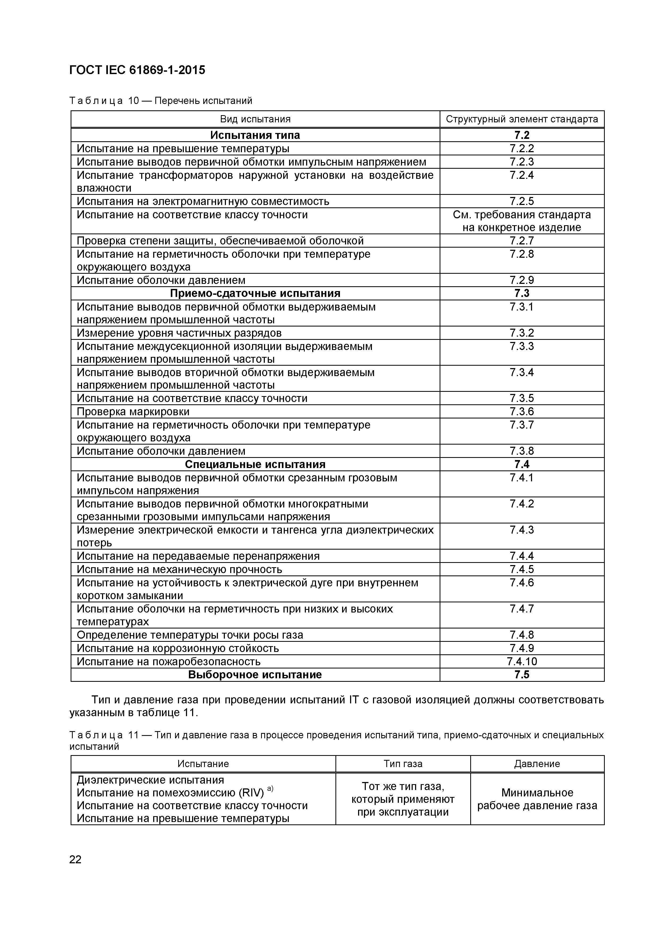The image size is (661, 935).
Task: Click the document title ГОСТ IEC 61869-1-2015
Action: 137,70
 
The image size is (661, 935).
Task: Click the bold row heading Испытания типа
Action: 255,135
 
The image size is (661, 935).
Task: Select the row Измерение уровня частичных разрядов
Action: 179,333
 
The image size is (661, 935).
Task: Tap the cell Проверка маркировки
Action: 133,412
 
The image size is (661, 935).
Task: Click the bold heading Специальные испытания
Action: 255,465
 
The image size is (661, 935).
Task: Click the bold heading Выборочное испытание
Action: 255,675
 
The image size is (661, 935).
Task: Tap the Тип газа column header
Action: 403,764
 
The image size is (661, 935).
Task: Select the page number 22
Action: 76,860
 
